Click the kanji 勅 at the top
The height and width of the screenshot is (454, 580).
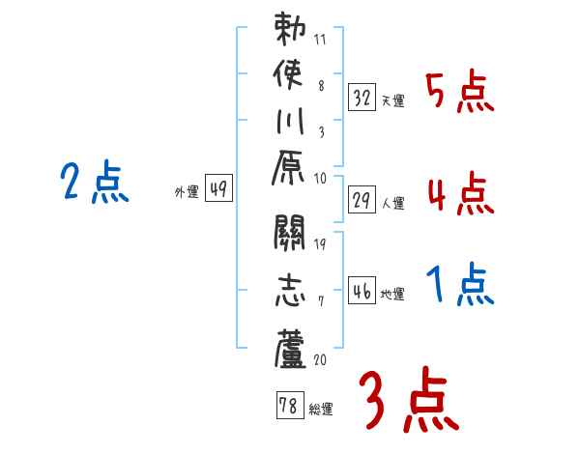click(x=289, y=30)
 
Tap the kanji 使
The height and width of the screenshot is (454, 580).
click(x=289, y=75)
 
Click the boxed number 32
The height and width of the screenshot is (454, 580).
click(x=362, y=97)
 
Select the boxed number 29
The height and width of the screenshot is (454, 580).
click(x=362, y=199)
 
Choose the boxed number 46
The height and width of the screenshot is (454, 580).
click(x=362, y=290)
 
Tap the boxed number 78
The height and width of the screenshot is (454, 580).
click(x=289, y=406)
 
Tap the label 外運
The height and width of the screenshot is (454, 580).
click(x=187, y=192)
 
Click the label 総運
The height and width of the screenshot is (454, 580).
click(x=321, y=409)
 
